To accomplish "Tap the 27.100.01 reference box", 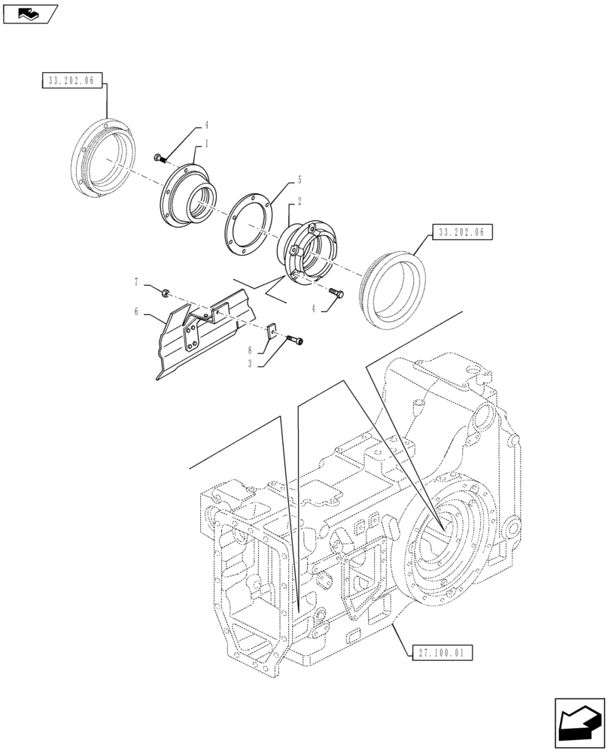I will (442, 653).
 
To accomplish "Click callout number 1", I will (206, 144).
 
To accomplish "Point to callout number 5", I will (299, 180).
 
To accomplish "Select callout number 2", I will (299, 202).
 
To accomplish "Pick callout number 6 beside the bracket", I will (136, 311).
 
